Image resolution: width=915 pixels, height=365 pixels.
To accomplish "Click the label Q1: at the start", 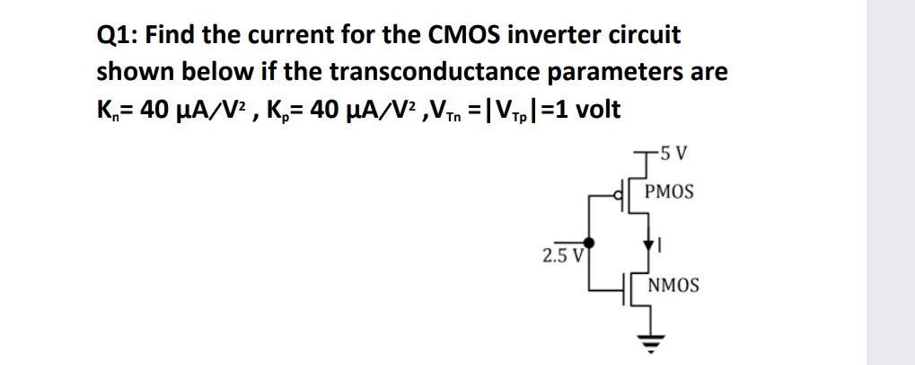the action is (x=116, y=36).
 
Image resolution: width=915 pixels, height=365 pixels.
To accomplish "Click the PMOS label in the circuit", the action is (x=669, y=192).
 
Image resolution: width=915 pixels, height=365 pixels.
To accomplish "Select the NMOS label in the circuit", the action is (x=673, y=286).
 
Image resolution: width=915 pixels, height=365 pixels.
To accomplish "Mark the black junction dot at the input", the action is (x=588, y=242).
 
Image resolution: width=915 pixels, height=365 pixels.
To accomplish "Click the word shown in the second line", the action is (x=131, y=71).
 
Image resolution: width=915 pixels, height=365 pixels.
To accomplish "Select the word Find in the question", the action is (x=171, y=36).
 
